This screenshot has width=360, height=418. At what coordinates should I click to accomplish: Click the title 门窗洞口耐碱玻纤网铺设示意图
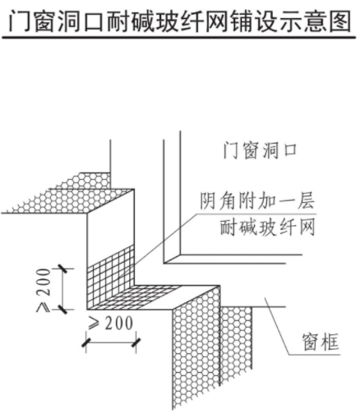pos(179,21)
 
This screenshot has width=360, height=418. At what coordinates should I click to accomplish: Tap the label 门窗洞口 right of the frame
pos(260,150)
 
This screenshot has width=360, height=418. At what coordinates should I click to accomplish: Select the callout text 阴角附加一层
pos(257,201)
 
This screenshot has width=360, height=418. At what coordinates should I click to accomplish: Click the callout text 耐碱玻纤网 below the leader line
pos(267,227)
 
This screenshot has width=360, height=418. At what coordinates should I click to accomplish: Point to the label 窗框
pos(321,342)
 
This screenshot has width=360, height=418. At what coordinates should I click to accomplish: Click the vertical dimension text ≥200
pos(44,290)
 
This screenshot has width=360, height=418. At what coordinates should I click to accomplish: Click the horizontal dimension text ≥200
pos(110,324)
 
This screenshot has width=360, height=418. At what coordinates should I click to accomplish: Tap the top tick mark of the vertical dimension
pos(63,269)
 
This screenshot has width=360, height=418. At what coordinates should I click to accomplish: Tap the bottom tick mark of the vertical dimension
pos(63,309)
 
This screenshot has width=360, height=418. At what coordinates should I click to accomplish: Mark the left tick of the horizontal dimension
pos(86,342)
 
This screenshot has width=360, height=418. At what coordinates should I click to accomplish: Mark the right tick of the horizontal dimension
pos(136,342)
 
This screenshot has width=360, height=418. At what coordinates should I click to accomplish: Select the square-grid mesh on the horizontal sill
pos(134,297)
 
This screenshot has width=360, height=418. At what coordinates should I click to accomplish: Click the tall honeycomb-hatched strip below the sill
pos(196,347)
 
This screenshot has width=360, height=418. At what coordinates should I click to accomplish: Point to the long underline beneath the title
pos(179,38)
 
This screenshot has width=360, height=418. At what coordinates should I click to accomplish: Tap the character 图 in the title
pos(339,21)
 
